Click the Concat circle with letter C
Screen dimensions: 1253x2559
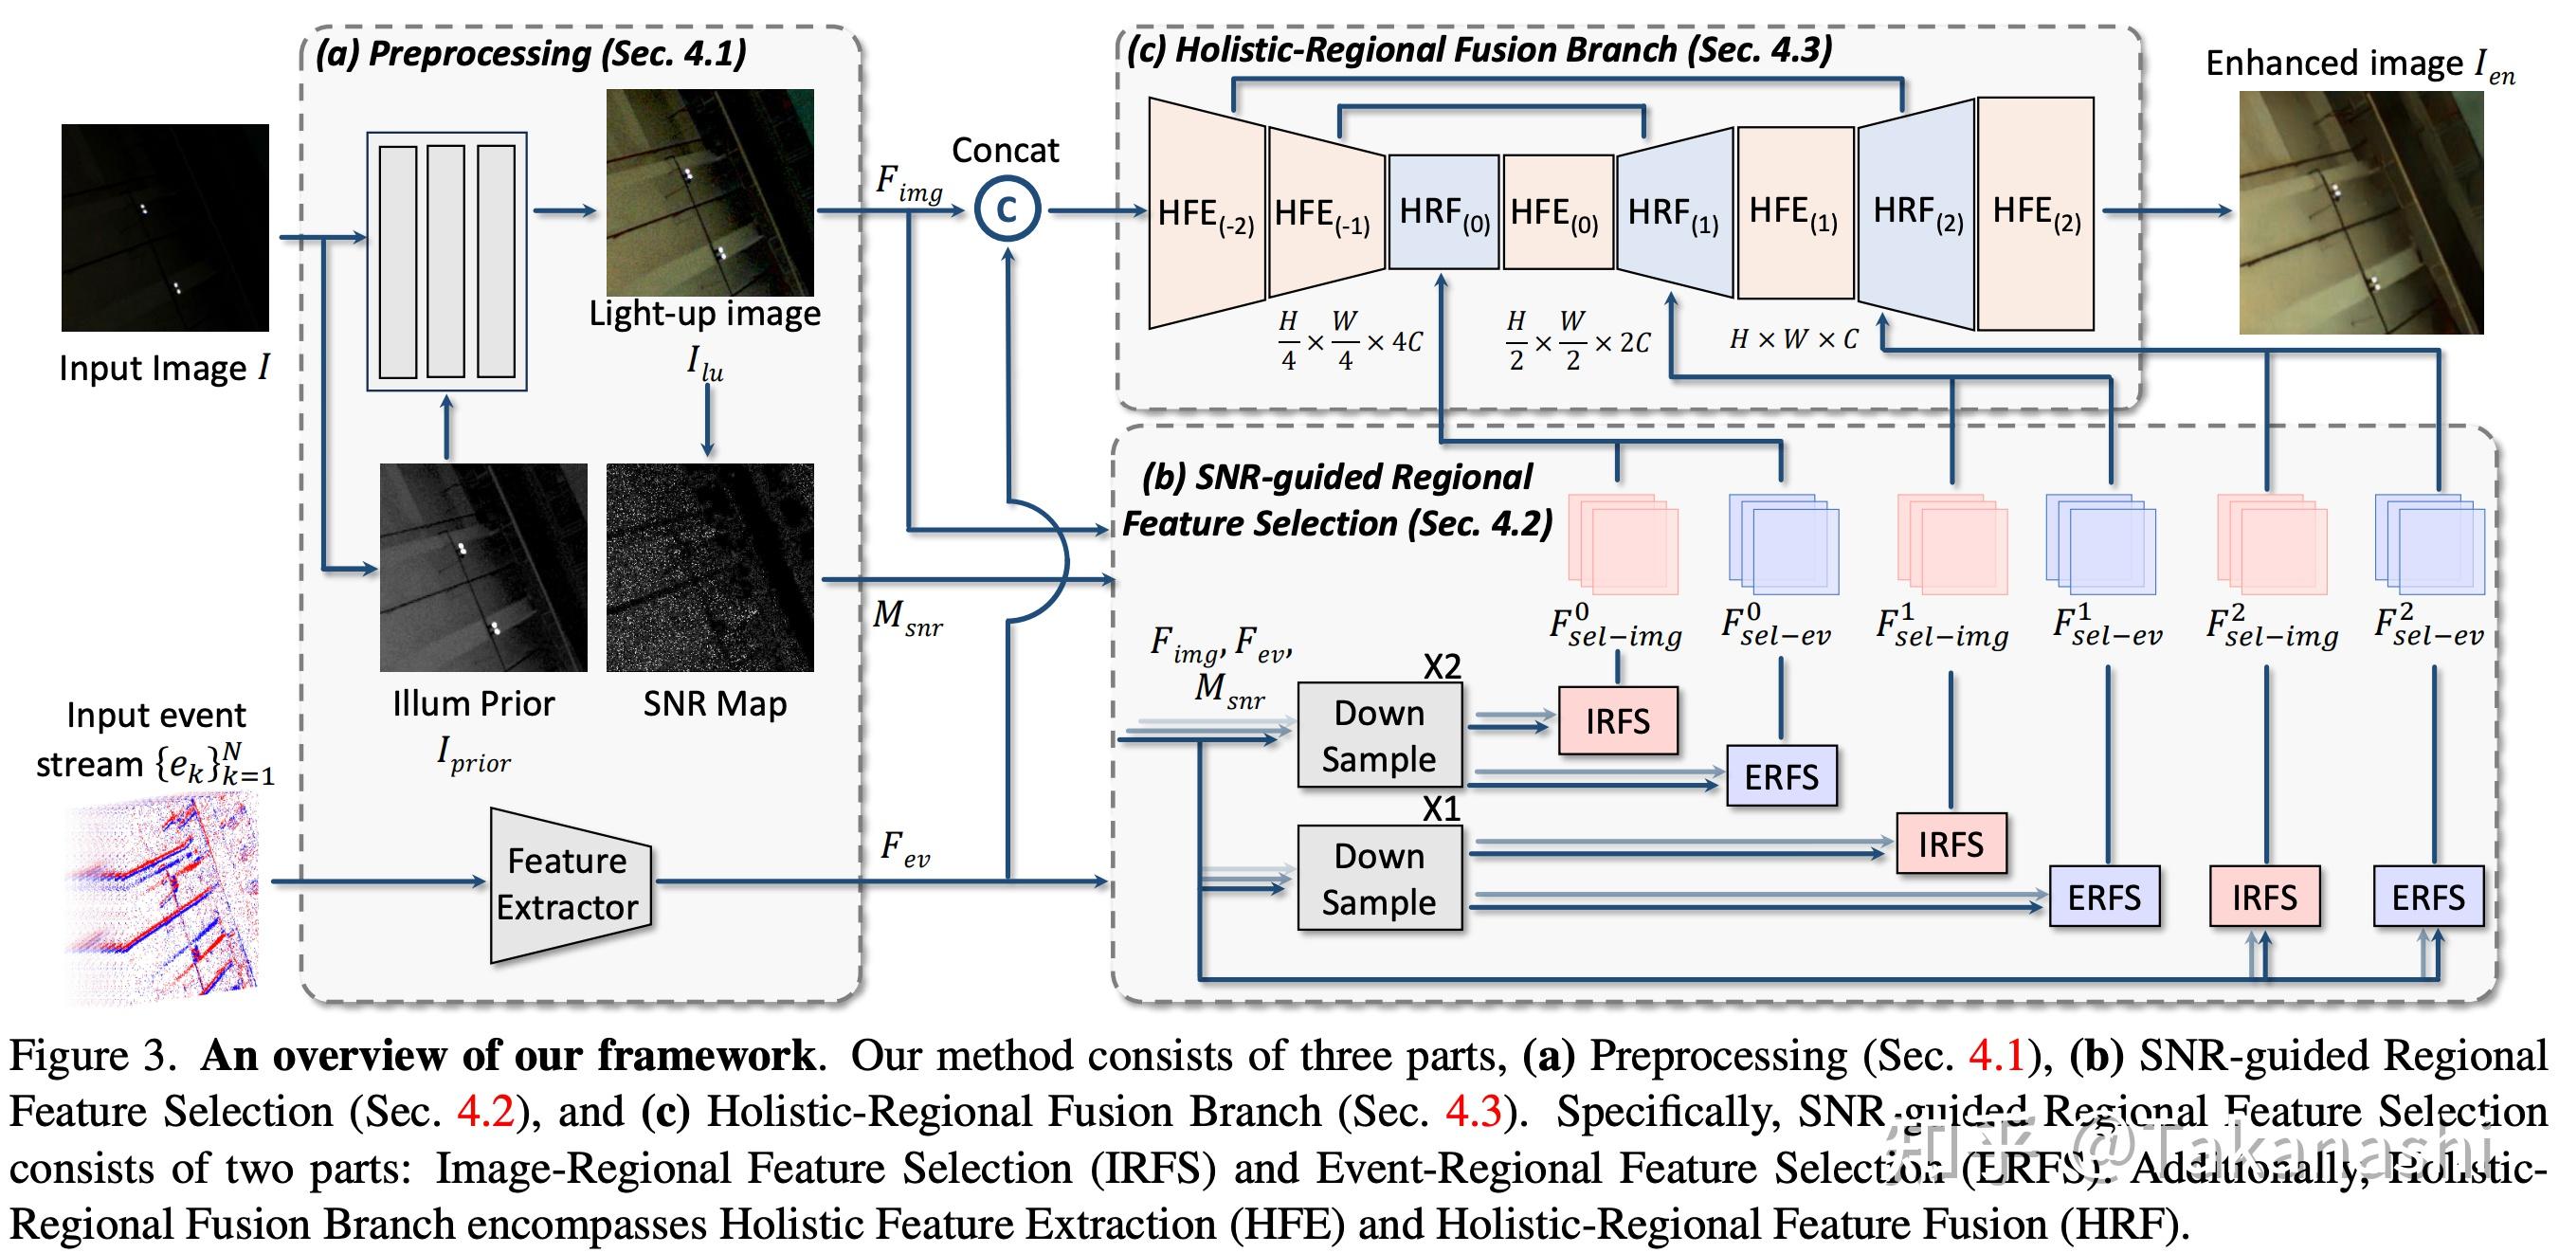point(1007,209)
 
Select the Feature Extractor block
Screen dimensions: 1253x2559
point(570,884)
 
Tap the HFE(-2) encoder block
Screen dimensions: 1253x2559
point(1206,213)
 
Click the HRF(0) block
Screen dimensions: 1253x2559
point(1443,211)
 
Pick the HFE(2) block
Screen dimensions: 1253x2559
point(2036,213)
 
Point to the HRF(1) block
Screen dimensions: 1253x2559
point(1674,213)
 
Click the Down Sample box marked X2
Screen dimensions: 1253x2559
point(1379,735)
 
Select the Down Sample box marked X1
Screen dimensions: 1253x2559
point(1379,879)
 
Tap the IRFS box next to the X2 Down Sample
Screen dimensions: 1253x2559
point(1617,721)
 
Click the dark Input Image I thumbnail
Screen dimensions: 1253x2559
point(165,227)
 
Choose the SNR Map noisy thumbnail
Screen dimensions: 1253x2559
point(709,568)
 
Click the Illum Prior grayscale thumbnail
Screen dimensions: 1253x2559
point(482,568)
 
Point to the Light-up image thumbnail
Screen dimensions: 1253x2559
point(709,192)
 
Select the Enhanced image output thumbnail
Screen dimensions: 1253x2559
point(2360,212)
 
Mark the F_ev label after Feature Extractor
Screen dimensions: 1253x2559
point(904,849)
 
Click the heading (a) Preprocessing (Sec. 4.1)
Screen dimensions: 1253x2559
point(531,53)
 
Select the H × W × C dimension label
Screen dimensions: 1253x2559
point(1793,340)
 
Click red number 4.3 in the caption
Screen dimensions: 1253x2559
point(1473,1111)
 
